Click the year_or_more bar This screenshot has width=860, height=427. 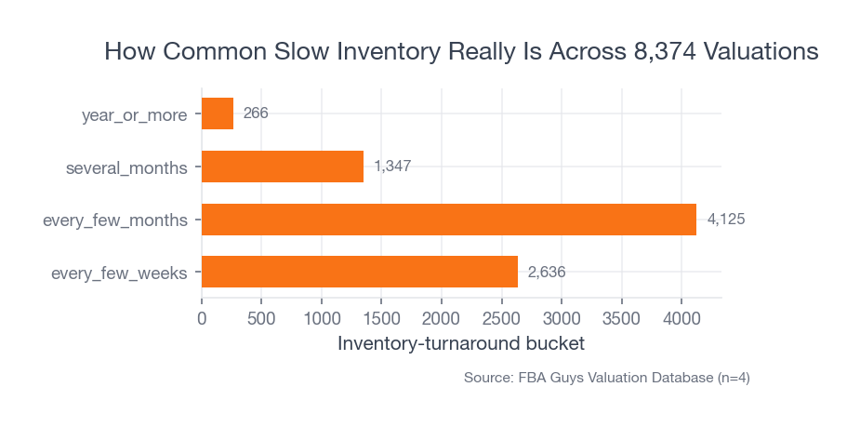pos(218,113)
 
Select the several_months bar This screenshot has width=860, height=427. pos(283,167)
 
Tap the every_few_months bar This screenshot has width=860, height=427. pos(449,220)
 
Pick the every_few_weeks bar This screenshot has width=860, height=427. pos(360,272)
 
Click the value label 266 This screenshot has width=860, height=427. pos(256,113)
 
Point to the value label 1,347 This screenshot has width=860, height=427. pos(392,167)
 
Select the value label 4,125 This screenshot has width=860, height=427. pos(726,220)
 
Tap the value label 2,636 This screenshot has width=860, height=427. pos(547,272)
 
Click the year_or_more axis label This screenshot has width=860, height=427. pos(135,115)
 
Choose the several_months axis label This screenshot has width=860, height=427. pos(126,168)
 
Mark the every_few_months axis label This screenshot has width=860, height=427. pos(115,221)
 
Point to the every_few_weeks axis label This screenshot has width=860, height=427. pos(119,274)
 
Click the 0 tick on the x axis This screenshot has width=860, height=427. pos(202,318)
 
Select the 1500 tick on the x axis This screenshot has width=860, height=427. pos(381,318)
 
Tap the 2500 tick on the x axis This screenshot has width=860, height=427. pos(501,318)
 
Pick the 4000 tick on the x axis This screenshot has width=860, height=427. pos(681,318)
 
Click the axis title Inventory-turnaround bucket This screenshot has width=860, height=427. pos(461,343)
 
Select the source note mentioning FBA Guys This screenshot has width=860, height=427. pos(606,378)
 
